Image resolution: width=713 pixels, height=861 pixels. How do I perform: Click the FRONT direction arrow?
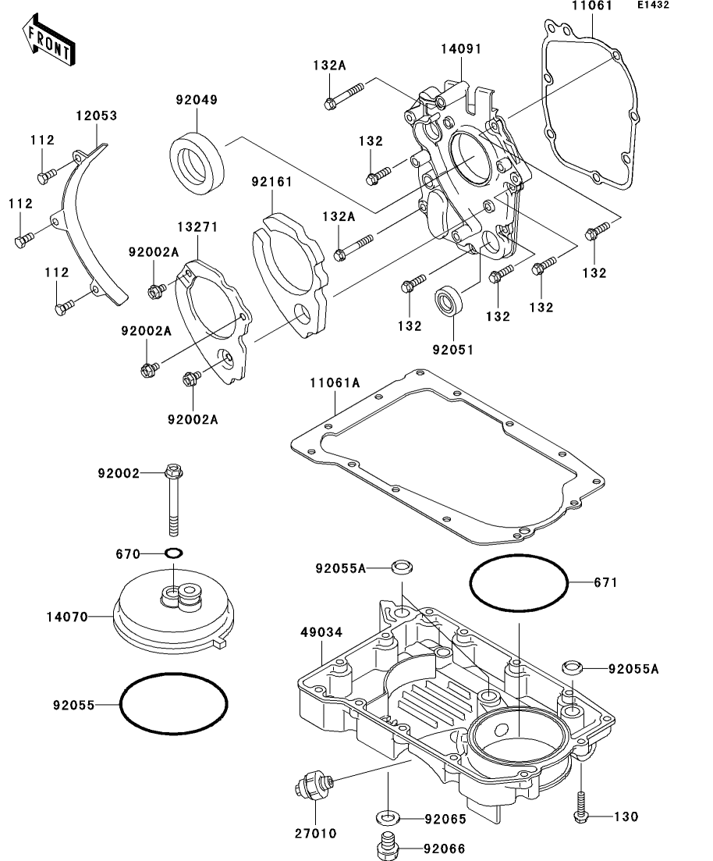[48, 40]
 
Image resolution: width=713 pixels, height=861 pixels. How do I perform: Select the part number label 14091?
[461, 49]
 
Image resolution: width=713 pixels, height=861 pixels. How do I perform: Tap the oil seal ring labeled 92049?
[197, 163]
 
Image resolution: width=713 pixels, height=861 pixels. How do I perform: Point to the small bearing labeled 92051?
[449, 301]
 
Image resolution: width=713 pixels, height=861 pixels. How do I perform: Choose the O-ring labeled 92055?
[120, 703]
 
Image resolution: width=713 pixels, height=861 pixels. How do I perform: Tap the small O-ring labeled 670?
[173, 553]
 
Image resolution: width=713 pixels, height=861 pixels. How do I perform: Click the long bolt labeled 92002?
[173, 500]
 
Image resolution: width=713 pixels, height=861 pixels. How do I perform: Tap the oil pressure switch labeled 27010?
[314, 787]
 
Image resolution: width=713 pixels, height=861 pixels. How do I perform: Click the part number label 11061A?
[335, 382]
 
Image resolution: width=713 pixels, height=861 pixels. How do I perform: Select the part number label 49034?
[321, 632]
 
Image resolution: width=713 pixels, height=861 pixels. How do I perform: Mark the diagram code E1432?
[653, 5]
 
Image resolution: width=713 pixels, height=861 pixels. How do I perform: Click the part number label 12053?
[97, 116]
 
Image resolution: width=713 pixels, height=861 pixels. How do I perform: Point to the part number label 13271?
[197, 227]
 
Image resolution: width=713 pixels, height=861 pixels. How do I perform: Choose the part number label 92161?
[272, 182]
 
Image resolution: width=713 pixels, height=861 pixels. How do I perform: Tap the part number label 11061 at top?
[592, 6]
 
